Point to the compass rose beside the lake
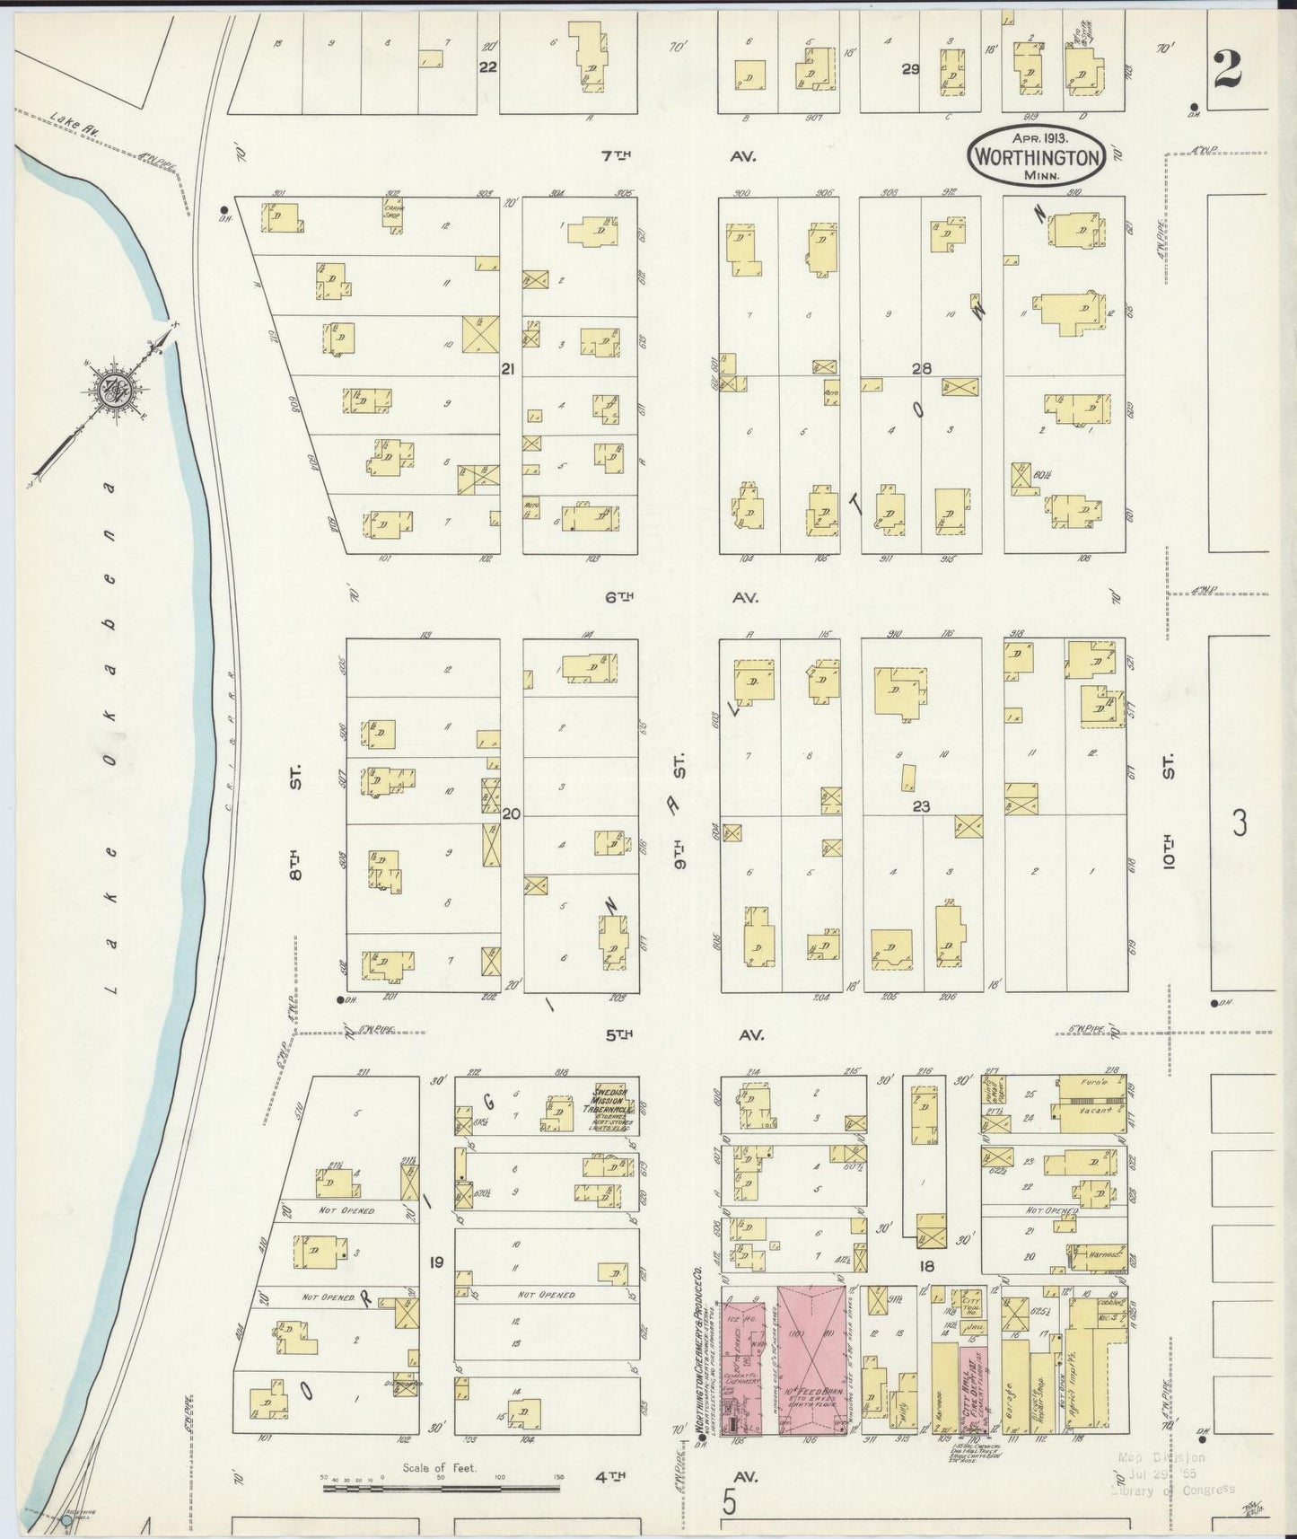(x=118, y=388)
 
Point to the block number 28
(x=922, y=368)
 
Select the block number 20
(x=512, y=814)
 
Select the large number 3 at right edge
(x=1240, y=822)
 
